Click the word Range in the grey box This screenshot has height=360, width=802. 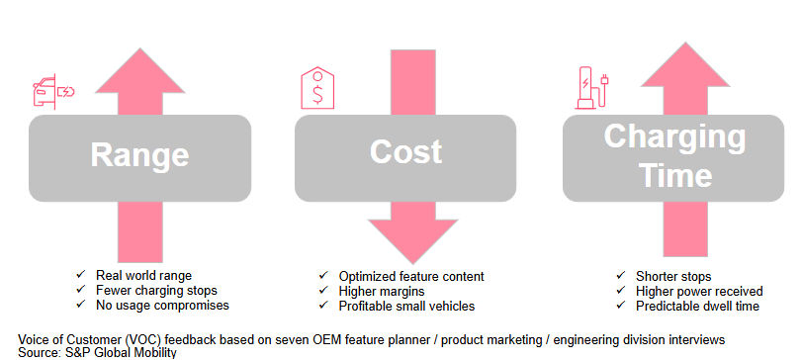139,154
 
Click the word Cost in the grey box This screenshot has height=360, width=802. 405,151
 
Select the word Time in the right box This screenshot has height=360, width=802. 675,175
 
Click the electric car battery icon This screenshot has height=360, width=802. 53,92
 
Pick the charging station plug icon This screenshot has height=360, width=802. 591,88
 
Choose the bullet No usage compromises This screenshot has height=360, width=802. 162,306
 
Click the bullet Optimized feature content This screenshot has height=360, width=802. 411,276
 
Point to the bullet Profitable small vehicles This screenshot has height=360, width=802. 406,307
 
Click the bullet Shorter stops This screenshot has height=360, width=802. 673,276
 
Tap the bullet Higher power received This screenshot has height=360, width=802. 699,291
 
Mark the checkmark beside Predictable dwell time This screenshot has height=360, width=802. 620,307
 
